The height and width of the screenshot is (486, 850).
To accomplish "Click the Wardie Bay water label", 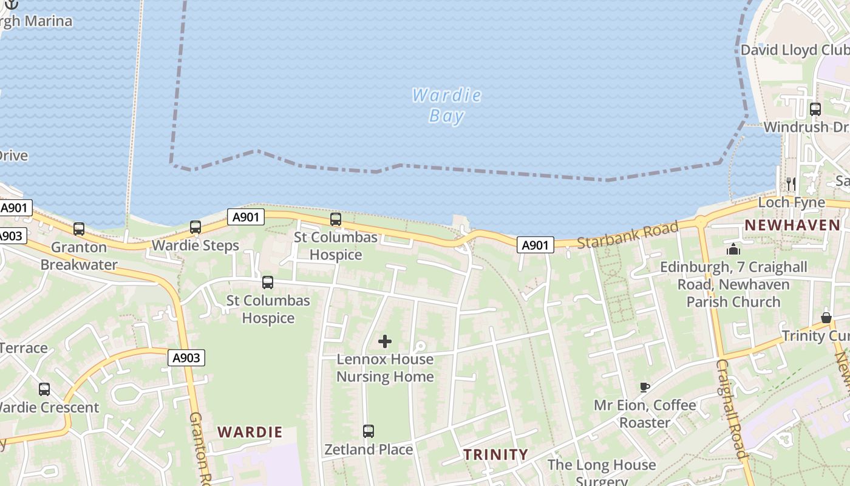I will pos(446,106).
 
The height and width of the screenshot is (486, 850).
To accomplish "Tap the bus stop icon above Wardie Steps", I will pos(195,227).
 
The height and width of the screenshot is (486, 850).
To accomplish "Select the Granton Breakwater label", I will pos(78,256).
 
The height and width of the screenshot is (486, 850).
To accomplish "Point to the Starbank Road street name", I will pos(627,234).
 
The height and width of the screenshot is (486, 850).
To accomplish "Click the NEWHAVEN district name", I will pos(792,225).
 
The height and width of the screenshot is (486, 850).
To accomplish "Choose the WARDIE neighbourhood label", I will pos(250,433).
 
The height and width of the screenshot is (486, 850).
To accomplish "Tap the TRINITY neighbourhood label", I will pos(495,454).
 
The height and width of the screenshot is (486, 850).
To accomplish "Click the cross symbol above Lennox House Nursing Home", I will pos(385,341).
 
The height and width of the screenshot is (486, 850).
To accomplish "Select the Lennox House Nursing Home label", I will pos(385,368).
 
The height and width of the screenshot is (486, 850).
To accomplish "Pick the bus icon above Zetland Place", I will pos(368,431).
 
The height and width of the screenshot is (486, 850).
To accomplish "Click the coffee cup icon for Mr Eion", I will pos(645,387).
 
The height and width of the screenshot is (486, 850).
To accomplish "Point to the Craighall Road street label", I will pos(730,408).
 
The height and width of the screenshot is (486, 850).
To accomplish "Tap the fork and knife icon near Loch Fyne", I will pos(790,183).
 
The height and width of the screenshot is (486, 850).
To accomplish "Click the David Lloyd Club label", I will pos(794,50).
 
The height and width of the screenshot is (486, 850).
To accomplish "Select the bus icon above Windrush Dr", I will pos(815,109).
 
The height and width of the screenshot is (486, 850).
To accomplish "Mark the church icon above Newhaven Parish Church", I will pos(733,250).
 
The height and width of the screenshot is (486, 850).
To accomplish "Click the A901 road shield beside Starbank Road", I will pos(535,245).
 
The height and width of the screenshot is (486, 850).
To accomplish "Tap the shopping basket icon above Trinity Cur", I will pos(826,318).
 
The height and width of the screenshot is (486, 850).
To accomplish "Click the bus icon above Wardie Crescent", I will pos(44,389).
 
